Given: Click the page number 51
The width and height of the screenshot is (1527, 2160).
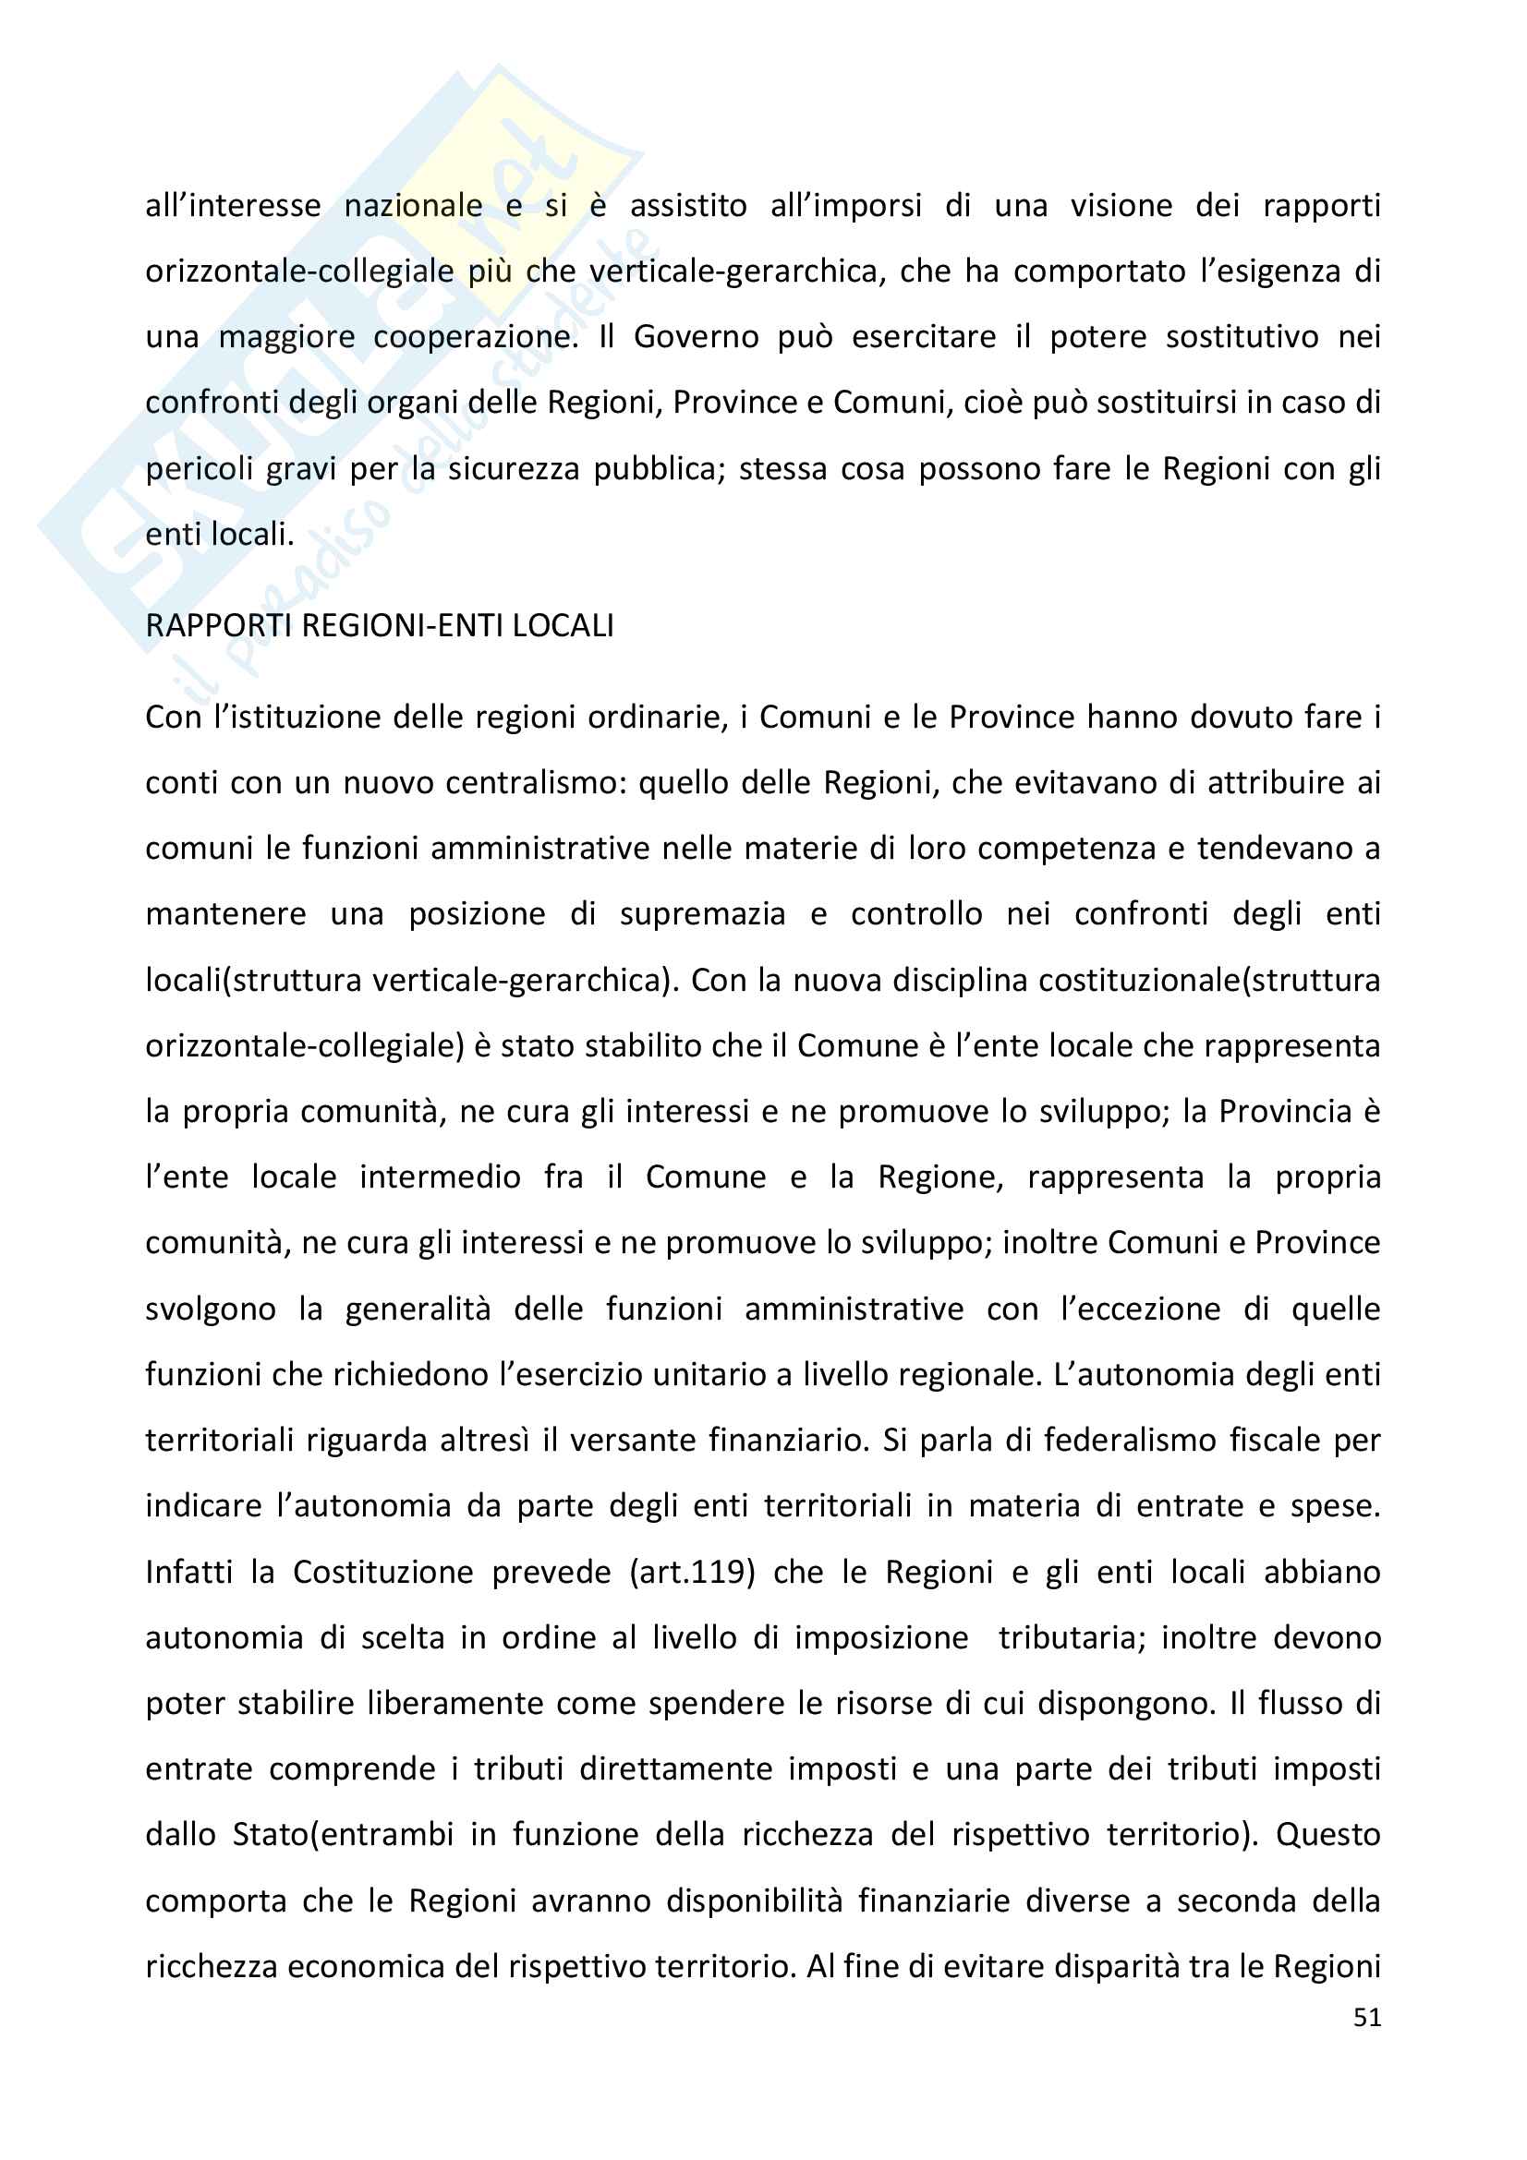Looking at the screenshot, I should pyautogui.click(x=1366, y=2016).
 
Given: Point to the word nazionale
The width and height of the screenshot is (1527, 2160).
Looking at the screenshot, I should pyautogui.click(x=413, y=206).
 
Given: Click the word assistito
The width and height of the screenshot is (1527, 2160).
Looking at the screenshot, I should pyautogui.click(x=688, y=206).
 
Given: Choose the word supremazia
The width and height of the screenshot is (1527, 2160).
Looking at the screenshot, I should pyautogui.click(x=702, y=914).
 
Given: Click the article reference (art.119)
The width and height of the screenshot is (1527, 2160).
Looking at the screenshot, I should pyautogui.click(x=693, y=1572).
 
